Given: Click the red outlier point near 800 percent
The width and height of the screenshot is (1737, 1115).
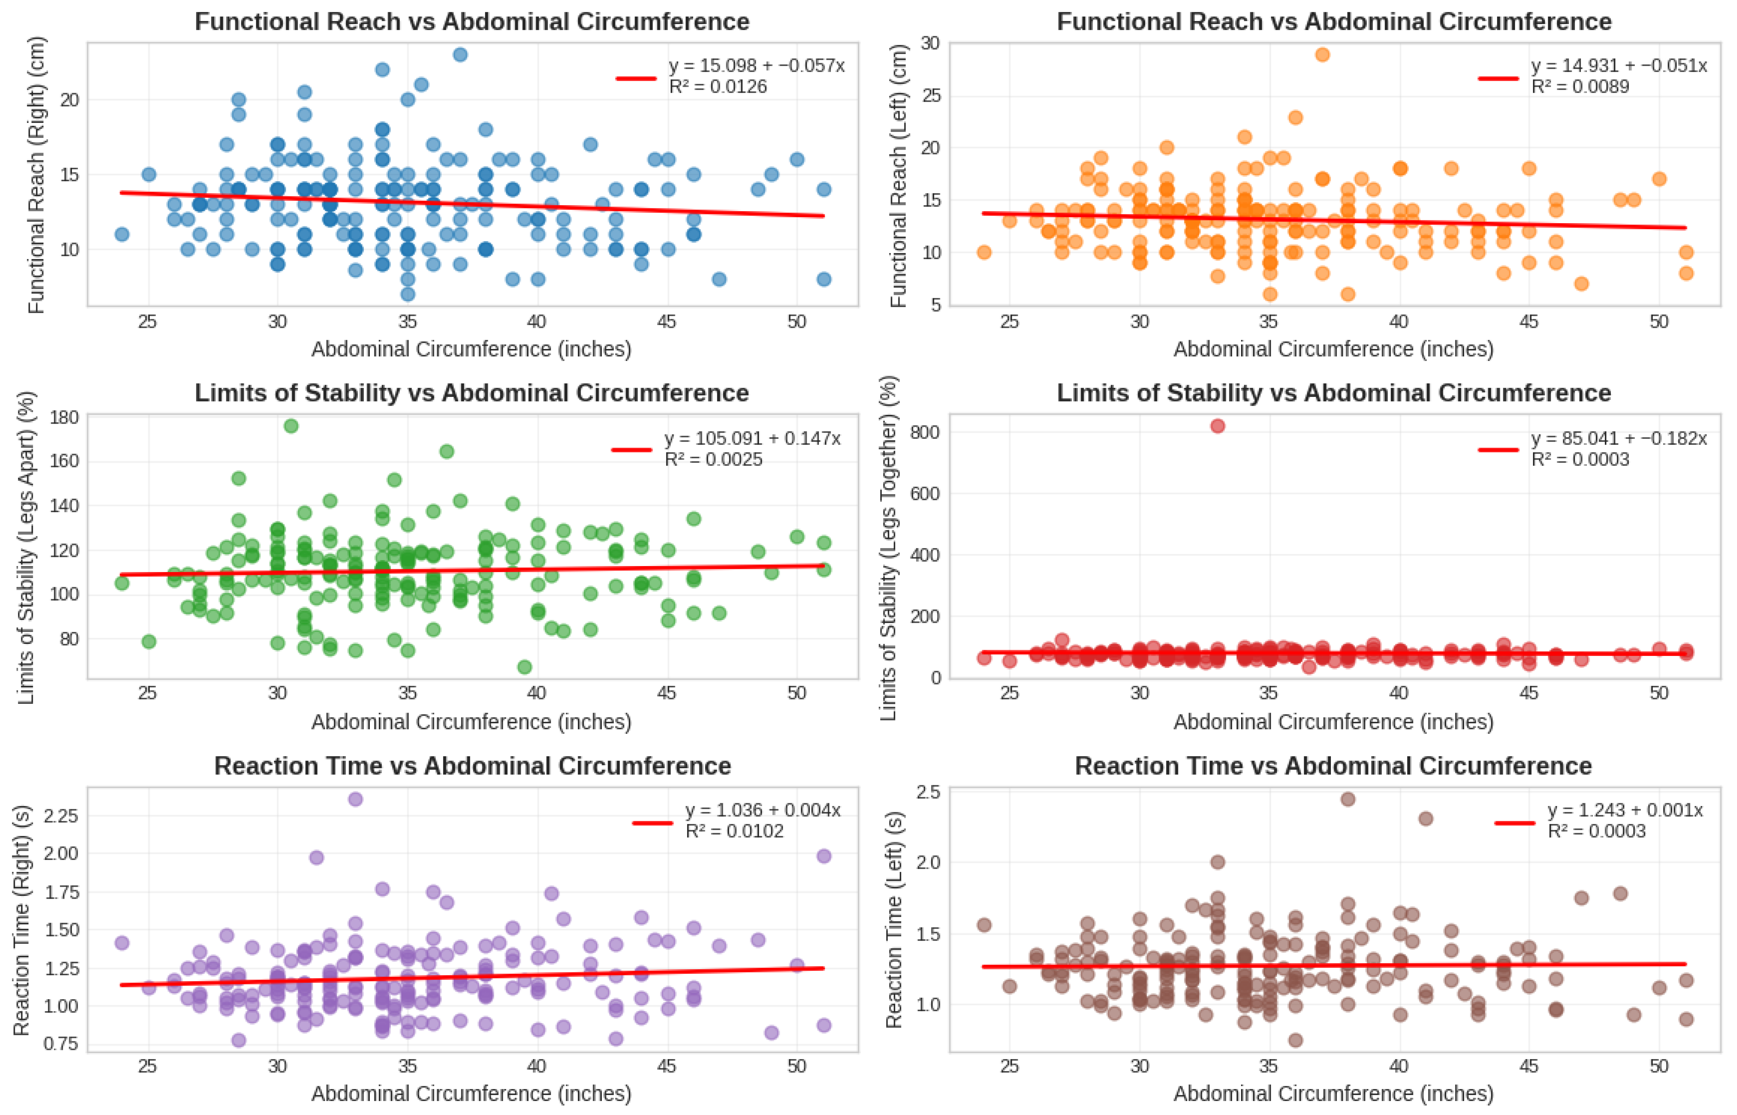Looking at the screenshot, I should point(1218,426).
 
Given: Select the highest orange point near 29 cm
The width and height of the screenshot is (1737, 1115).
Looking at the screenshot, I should point(1322,54).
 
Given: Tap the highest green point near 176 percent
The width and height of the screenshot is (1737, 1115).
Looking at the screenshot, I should point(291,426).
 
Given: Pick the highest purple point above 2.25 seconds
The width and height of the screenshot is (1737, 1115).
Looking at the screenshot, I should point(355,799).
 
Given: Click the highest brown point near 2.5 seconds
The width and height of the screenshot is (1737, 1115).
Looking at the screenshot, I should point(1347,799).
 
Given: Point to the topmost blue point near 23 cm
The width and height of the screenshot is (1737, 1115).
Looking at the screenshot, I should point(460,54).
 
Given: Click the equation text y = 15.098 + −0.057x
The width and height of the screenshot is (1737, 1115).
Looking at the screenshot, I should point(757,66).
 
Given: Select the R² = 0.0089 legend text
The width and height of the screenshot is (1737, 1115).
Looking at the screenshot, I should point(1580,87).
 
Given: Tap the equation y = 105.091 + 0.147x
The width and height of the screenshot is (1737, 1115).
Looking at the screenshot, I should point(752,439).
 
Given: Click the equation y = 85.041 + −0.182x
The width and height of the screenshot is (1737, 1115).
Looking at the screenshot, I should point(1619,439).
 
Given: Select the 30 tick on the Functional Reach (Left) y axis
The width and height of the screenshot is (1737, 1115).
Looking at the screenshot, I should point(930,44).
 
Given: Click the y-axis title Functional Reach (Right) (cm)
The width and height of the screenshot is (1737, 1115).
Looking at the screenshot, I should point(36,174).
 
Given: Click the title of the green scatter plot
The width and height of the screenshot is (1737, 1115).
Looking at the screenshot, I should point(471,393).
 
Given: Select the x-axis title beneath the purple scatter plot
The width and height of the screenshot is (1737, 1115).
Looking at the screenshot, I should point(471,1093).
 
